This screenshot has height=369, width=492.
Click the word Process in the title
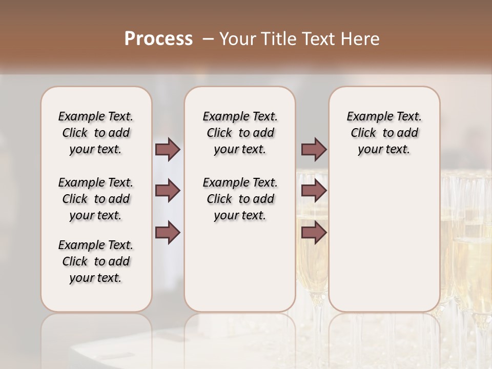(158, 39)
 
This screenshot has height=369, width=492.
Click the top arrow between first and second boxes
(168, 149)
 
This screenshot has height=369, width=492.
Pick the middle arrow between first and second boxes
(168, 191)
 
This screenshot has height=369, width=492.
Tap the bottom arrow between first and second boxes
(168, 232)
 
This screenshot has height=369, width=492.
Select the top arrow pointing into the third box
(314, 149)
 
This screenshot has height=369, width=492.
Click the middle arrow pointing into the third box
(314, 191)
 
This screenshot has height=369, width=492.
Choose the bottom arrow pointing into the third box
(314, 232)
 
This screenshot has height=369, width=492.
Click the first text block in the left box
(96, 133)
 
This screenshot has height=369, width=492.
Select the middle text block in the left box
(96, 199)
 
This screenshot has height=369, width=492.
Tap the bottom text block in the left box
(96, 261)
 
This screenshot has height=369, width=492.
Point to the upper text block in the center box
(240, 133)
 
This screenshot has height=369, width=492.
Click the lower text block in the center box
(240, 199)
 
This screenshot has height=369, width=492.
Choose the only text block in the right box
(384, 133)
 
